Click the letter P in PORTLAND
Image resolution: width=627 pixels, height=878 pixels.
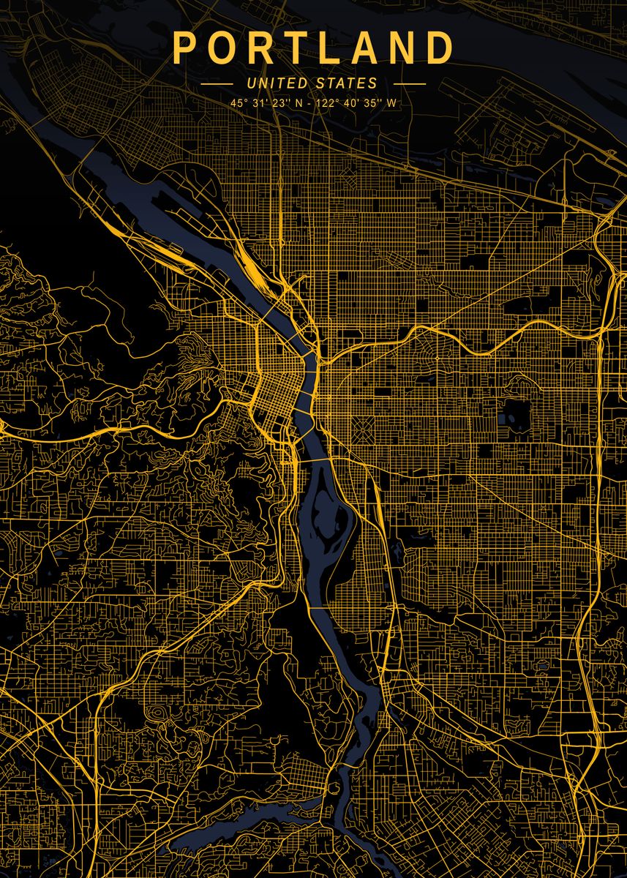184,48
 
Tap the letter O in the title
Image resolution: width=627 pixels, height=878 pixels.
224,48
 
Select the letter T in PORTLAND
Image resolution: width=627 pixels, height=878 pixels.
300,48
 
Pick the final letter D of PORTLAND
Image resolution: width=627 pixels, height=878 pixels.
440,48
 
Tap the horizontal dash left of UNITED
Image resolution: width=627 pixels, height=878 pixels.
217,84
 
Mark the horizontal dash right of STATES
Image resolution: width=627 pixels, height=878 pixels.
409,84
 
